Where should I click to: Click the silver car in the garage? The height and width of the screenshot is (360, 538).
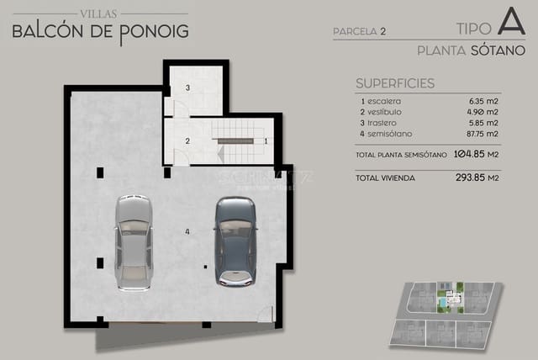pyautogui.click(x=132, y=242)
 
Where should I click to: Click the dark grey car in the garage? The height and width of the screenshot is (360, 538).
pyautogui.click(x=235, y=241)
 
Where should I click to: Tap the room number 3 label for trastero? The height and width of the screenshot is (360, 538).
pyautogui.click(x=187, y=87)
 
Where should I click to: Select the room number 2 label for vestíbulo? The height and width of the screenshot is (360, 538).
pyautogui.click(x=187, y=140)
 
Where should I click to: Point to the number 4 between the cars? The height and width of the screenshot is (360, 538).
pyautogui.click(x=187, y=230)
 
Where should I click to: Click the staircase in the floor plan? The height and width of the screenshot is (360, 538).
pyautogui.click(x=239, y=140)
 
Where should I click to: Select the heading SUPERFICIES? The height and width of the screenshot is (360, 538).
pyautogui.click(x=394, y=83)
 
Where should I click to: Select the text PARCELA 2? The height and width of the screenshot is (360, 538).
pyautogui.click(x=359, y=32)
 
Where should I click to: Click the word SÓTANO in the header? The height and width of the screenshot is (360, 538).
pyautogui.click(x=498, y=50)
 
